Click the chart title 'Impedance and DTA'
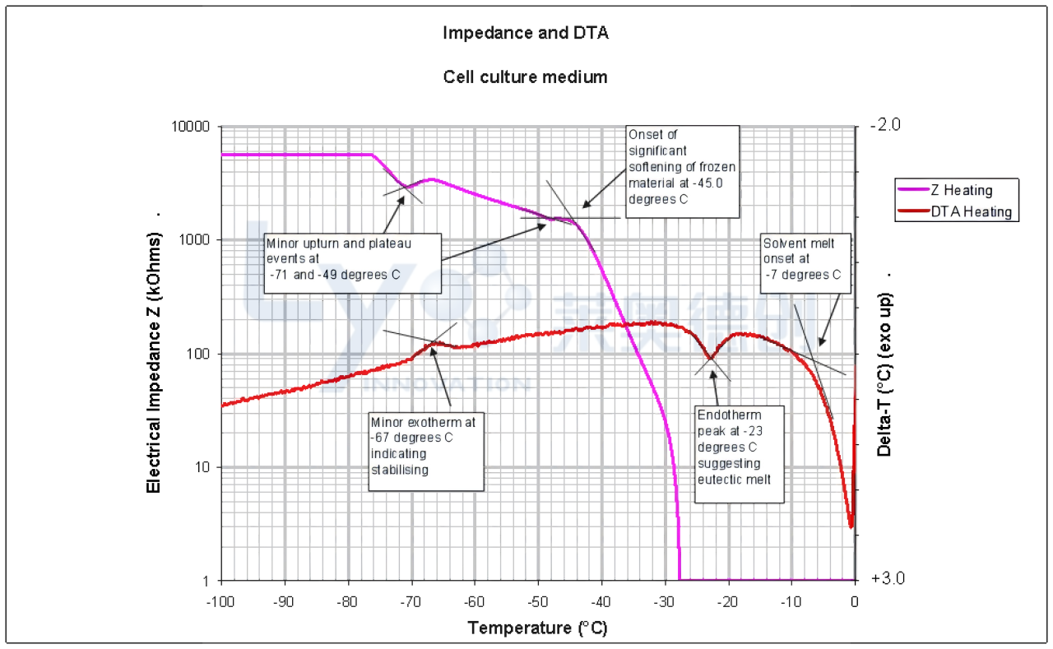click(x=526, y=34)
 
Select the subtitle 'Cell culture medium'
click(x=526, y=77)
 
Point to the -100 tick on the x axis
click(x=220, y=602)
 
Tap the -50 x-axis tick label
click(x=538, y=602)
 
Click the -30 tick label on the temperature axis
click(x=665, y=602)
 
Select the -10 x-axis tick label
click(x=791, y=602)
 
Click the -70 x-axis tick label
click(x=411, y=602)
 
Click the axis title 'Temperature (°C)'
click(x=537, y=628)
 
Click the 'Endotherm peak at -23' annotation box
click(x=740, y=454)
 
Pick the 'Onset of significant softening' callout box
click(x=682, y=171)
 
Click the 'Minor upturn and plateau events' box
click(x=352, y=259)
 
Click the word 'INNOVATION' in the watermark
click(x=447, y=385)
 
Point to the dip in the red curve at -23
click(x=712, y=359)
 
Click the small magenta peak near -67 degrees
click(x=429, y=178)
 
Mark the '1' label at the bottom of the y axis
click(x=206, y=581)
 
